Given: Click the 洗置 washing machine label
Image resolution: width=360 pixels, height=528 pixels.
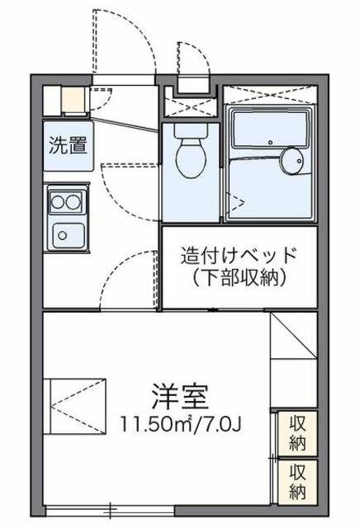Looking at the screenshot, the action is click(69, 146).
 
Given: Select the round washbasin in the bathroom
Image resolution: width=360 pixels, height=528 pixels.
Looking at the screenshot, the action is click(292, 161).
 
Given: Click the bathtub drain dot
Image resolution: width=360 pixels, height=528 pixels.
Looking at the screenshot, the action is click(270, 142).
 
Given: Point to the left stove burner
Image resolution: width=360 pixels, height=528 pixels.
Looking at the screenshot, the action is click(57, 202).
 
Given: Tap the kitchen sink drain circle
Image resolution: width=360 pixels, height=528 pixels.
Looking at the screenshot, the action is click(62, 235).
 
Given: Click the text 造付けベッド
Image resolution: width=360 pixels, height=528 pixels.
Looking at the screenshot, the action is click(239, 256).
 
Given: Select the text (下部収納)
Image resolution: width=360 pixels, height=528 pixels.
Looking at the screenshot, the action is click(239, 278).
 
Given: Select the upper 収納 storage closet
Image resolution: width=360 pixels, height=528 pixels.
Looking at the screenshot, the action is click(297, 434).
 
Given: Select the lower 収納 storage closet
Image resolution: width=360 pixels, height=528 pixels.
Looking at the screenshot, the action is click(297, 482).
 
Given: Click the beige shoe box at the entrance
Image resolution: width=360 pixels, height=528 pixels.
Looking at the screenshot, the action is click(73, 99).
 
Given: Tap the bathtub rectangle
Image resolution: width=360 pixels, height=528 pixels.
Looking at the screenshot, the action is click(270, 129).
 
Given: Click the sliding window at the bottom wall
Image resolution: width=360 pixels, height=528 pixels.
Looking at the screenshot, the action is click(110, 511).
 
